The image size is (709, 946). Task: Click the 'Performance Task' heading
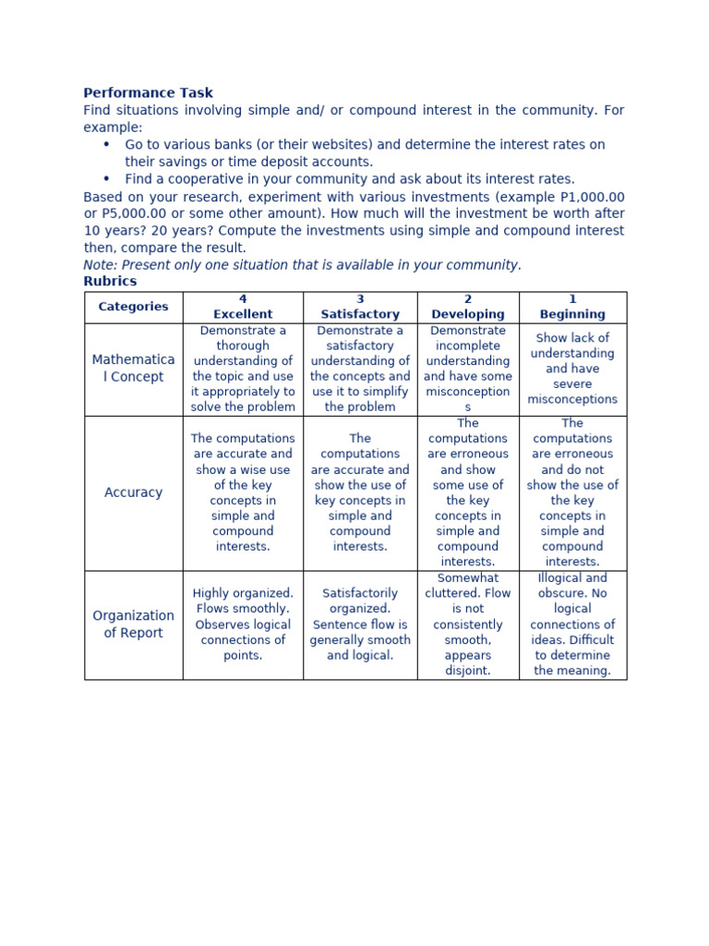click(148, 93)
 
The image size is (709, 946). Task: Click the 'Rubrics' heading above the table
click(110, 282)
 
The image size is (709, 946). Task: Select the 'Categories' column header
click(134, 307)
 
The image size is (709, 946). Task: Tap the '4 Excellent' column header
click(243, 307)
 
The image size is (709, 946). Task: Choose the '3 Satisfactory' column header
click(360, 307)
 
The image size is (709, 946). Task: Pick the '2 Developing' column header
click(468, 307)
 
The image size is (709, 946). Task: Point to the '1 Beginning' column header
click(572, 307)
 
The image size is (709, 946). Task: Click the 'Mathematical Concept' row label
click(134, 369)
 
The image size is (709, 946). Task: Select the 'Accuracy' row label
click(134, 493)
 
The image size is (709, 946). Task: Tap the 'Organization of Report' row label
click(134, 625)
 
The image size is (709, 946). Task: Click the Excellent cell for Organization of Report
click(243, 625)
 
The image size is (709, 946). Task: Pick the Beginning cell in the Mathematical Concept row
click(572, 369)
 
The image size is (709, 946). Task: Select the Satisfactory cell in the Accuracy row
click(360, 493)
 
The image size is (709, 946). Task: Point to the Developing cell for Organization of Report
click(468, 625)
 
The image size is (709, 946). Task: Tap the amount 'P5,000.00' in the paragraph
click(116, 214)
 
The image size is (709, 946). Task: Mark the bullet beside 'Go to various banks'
click(106, 145)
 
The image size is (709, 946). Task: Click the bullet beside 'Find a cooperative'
click(106, 179)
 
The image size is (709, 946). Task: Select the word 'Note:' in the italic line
click(100, 265)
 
